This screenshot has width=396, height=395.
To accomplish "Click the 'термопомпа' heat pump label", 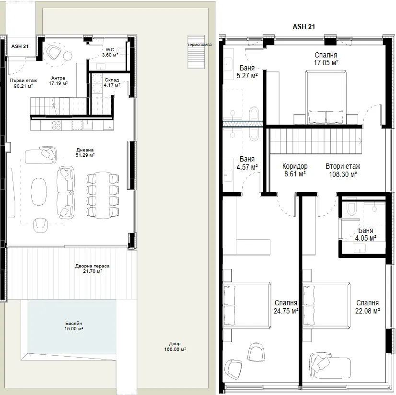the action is coord(199,45).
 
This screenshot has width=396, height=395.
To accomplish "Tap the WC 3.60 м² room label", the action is coord(110,52).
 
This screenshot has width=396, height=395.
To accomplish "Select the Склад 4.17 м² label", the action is coord(112,82).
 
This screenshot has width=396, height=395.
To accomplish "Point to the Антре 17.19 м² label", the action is coord(58,81).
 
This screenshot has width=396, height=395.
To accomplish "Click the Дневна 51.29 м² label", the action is coord(85,152).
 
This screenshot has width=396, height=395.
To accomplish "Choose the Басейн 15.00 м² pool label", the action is coord(74,326).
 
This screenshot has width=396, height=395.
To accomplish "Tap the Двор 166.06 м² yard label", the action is coord(175,347).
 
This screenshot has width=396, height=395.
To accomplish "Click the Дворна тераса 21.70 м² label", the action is coord(93,268).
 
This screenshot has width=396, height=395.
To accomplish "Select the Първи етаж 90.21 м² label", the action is coord(23,83).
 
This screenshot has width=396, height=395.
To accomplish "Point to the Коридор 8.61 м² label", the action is coord(295,170).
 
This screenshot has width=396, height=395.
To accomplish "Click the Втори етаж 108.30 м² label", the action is coord(343,170).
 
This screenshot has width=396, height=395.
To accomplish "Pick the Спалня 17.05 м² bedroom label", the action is coord(326,59).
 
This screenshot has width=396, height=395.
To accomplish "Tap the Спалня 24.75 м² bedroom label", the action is coord(286,307).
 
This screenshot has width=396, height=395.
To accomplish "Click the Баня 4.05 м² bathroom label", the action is coord(366,234).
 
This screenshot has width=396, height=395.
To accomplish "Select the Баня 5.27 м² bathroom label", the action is coord(247,72).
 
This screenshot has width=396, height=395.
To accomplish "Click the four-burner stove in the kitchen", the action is coord(56,125).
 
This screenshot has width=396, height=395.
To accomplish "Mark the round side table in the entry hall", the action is coord(68,56).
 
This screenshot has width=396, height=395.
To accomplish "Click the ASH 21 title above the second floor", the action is coord(303,27).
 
